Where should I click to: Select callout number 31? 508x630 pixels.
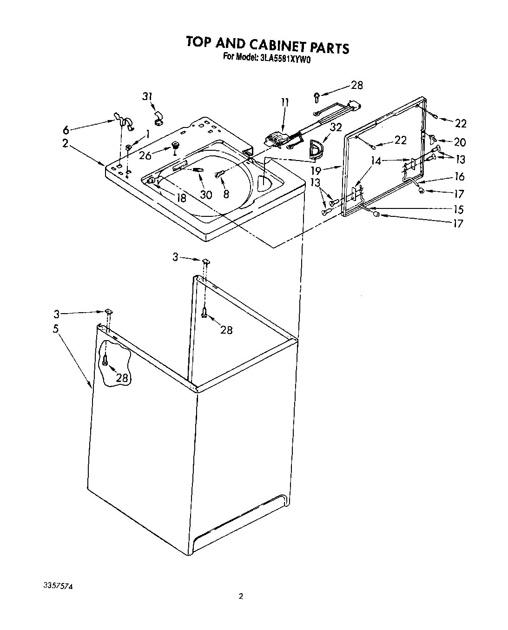[147, 96]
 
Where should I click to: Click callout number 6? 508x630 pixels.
[66, 130]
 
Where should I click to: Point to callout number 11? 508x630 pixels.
[284, 102]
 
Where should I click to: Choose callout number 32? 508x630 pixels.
[336, 127]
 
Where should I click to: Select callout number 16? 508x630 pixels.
[460, 176]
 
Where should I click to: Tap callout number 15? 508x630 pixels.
[459, 209]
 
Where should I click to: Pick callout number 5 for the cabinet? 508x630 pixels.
[56, 328]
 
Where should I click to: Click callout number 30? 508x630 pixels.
[205, 194]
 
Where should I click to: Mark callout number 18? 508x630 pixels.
[181, 198]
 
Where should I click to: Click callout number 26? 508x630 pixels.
[145, 155]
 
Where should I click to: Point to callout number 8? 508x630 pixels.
[226, 194]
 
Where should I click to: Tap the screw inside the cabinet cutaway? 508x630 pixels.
[106, 360]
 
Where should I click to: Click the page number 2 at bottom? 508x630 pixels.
[240, 596]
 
